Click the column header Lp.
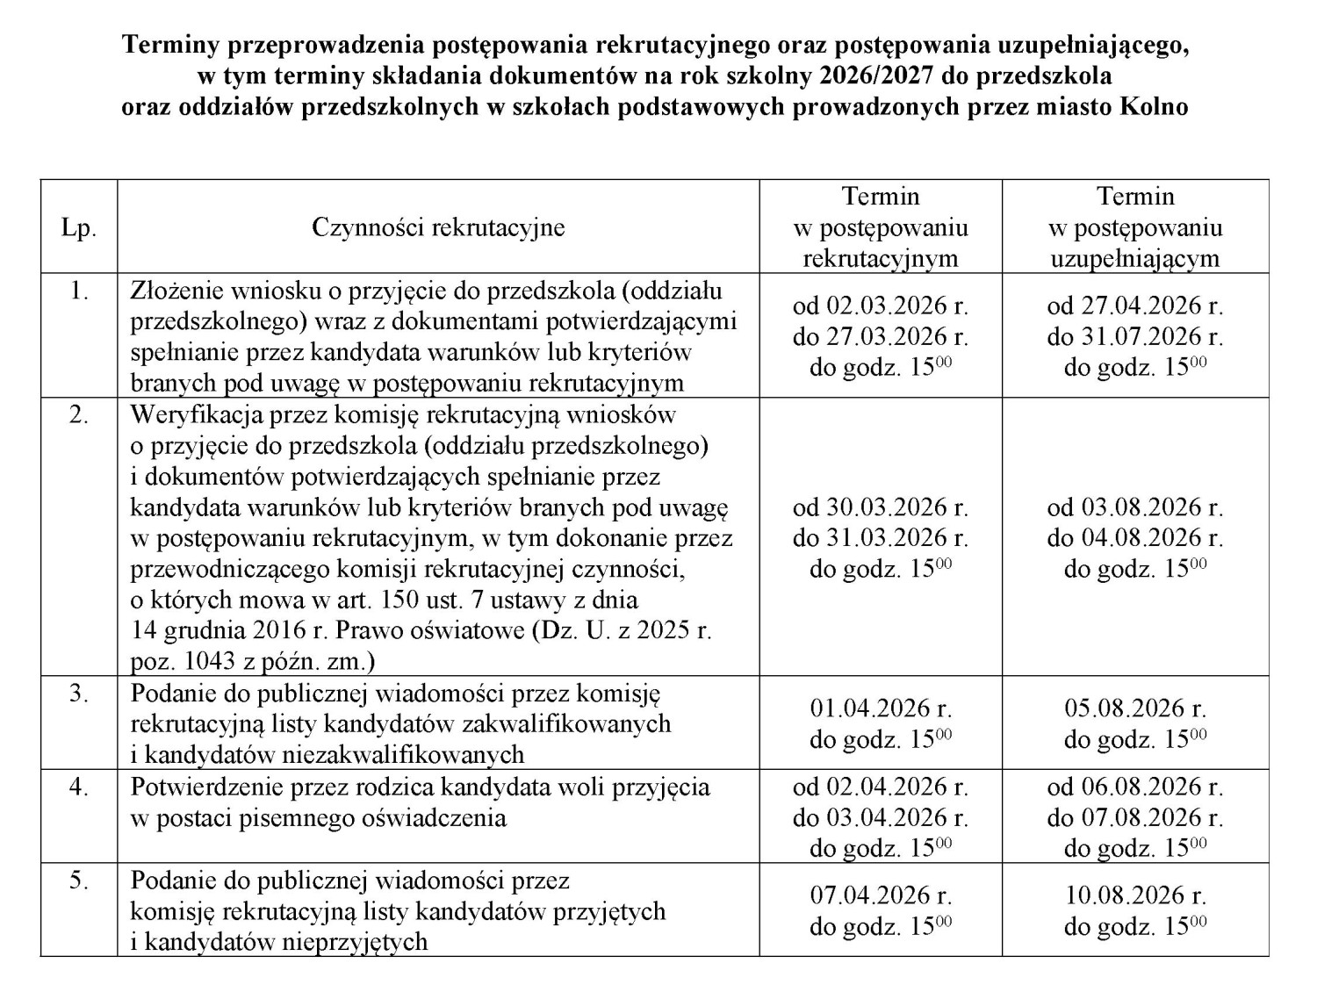(78, 228)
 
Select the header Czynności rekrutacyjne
(438, 228)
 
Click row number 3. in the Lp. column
(78, 694)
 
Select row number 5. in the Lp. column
(78, 880)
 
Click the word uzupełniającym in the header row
(1134, 259)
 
